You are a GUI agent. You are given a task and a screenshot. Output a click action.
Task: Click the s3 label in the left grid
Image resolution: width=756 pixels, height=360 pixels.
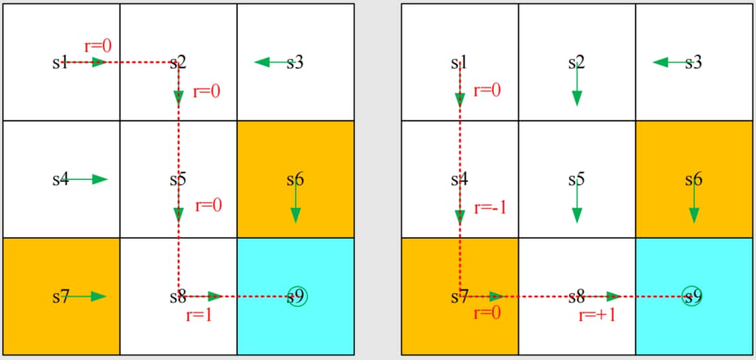pos(296,63)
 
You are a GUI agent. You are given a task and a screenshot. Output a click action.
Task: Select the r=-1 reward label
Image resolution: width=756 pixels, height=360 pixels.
pos(490,208)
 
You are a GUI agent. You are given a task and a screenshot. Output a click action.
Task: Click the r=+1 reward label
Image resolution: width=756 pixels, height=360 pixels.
pos(597,315)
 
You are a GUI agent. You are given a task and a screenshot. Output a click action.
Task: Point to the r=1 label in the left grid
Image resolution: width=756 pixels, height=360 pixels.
pos(199,315)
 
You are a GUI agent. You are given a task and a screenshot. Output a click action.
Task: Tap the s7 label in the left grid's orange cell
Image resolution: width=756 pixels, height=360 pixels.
pos(60,297)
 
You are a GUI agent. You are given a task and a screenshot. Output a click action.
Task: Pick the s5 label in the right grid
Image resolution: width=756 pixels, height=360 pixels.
pos(575,179)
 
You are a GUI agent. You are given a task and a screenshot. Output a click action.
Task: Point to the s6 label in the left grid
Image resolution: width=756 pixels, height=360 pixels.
pos(295,179)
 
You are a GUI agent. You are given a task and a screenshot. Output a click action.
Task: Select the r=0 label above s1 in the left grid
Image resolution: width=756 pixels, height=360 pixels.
pos(98,46)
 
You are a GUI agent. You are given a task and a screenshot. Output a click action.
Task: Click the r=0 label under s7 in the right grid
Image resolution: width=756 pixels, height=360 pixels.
pos(487,313)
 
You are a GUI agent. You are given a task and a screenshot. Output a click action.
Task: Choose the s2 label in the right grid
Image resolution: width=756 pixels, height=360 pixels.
pos(575,63)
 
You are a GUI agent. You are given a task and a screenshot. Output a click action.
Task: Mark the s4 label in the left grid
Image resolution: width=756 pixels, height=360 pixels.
pos(60,179)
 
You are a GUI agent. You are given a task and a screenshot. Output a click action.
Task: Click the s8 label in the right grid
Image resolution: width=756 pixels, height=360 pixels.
pos(575,297)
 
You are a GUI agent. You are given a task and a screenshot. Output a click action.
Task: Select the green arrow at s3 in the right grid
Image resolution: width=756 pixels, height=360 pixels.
pos(670,63)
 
